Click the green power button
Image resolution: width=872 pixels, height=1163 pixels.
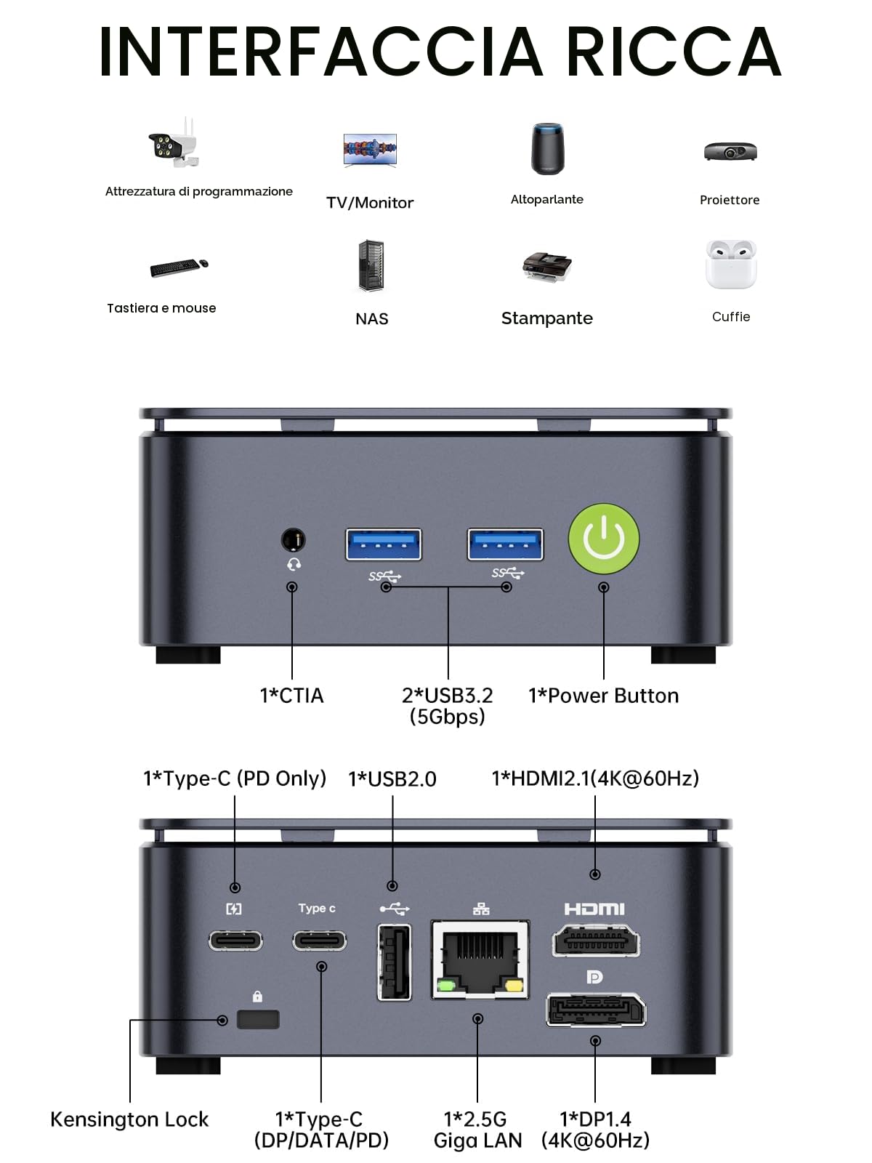(604, 539)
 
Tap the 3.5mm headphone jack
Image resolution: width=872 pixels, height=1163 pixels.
(293, 540)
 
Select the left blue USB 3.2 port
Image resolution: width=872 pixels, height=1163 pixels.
(384, 544)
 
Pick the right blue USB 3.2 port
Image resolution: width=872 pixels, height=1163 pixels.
(505, 544)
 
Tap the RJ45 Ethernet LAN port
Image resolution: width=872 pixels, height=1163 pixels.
(480, 959)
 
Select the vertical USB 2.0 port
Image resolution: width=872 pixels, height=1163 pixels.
(394, 962)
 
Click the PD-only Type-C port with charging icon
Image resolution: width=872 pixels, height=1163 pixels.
(235, 941)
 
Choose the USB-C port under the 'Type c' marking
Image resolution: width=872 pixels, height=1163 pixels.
(319, 941)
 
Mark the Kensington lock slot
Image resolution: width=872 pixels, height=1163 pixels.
(258, 1019)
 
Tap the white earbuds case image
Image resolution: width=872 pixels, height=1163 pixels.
(730, 264)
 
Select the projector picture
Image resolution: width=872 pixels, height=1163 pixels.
(730, 151)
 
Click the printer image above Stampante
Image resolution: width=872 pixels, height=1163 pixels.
(547, 267)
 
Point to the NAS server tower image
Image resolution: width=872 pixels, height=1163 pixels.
(371, 265)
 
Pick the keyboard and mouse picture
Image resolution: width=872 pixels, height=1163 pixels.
(179, 267)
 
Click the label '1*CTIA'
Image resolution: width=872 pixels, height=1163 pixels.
(291, 696)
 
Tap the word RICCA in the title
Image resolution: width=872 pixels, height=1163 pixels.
(674, 52)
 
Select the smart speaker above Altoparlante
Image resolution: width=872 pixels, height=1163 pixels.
(547, 148)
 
